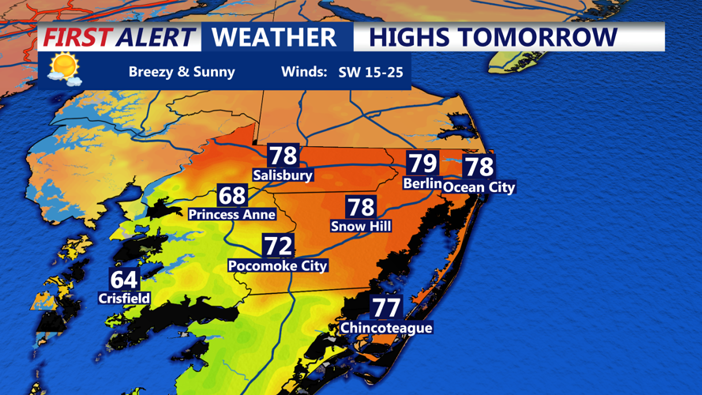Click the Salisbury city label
(x=283, y=175)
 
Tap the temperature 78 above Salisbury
(x=283, y=156)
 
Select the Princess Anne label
(x=232, y=214)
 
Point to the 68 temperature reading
(x=232, y=195)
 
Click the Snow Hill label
(x=361, y=227)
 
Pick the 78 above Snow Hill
(x=361, y=207)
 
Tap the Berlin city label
(x=422, y=183)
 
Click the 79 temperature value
(x=422, y=164)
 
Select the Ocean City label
(x=479, y=187)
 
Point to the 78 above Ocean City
(x=479, y=167)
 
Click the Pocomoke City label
(x=278, y=266)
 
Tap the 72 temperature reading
(x=278, y=246)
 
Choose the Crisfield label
(x=124, y=299)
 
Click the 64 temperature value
(x=124, y=280)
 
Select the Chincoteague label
(x=386, y=328)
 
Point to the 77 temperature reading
(x=386, y=307)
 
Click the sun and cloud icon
(x=64, y=69)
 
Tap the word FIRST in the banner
(x=77, y=37)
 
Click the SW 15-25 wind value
(x=370, y=72)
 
